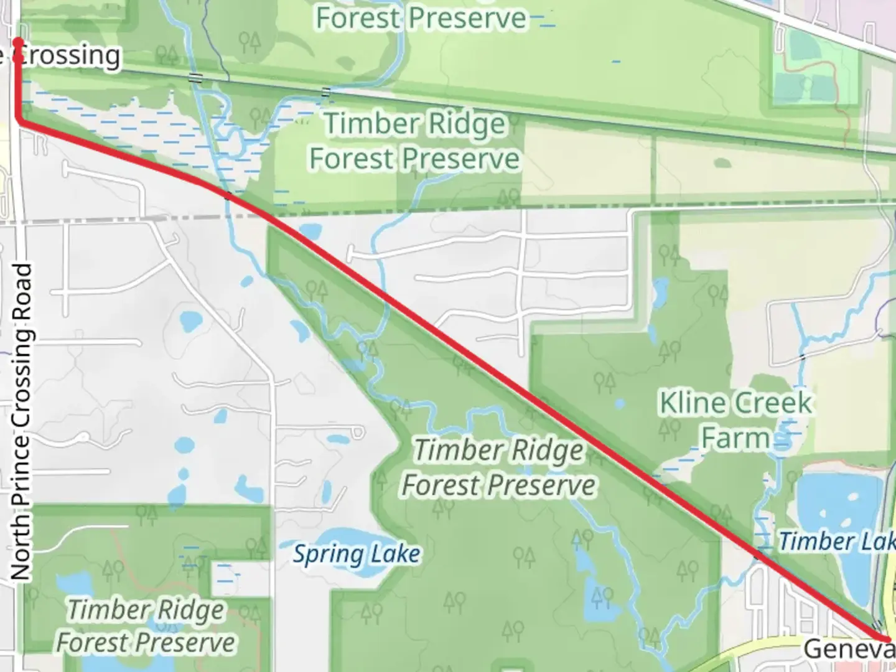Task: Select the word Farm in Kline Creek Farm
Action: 736,438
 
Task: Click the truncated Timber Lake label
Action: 836,541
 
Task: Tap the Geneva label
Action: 849,649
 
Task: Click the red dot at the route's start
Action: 19,42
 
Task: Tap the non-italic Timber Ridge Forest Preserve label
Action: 414,141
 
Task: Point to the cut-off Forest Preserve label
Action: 421,17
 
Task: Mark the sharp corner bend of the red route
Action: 21,121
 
